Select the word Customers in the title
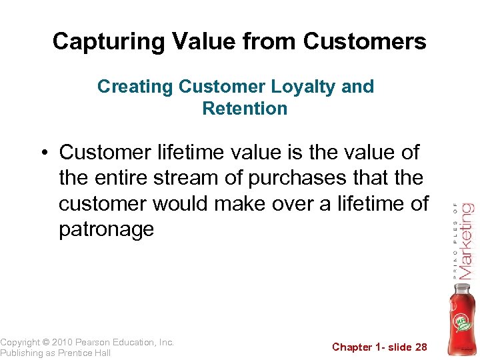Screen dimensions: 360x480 point(364,42)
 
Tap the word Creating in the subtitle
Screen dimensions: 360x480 point(135,87)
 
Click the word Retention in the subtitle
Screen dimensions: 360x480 point(245,108)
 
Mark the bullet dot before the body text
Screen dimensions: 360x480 point(43,153)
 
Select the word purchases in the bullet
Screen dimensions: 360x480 point(312,178)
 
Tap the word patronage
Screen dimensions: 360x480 point(106,229)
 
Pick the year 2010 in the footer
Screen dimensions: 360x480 point(67,342)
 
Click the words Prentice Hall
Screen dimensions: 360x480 point(84,353)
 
